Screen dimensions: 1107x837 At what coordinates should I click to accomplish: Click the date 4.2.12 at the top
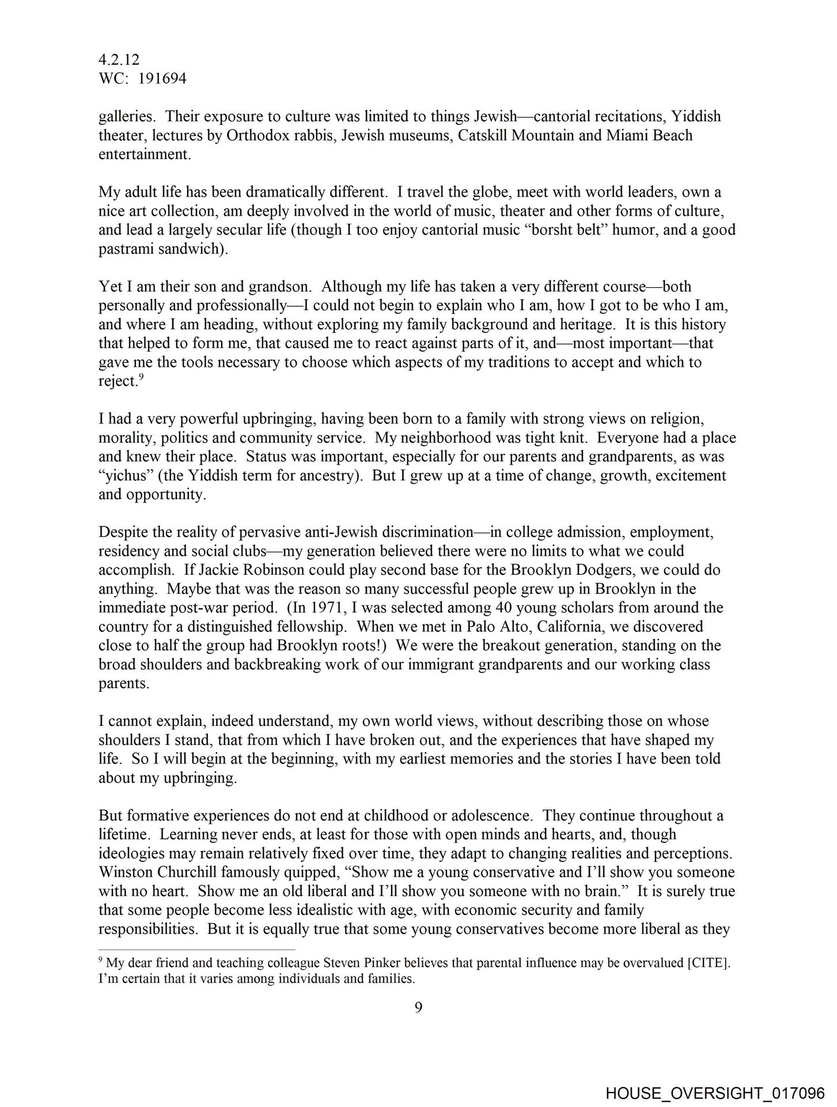point(119,60)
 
